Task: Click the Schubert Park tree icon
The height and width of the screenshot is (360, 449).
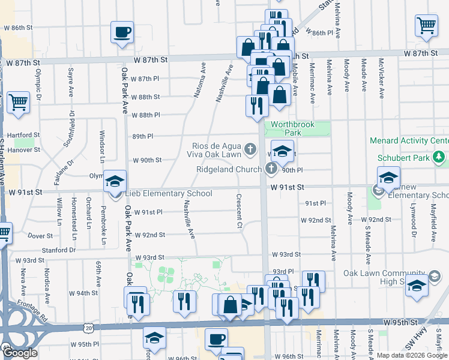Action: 440,157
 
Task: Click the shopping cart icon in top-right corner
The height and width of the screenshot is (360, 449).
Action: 426,26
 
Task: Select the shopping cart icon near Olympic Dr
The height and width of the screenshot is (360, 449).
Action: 17,104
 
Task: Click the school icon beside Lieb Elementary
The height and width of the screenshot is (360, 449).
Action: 115,182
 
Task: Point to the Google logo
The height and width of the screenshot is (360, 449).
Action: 20,353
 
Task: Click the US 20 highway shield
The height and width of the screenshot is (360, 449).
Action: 89,328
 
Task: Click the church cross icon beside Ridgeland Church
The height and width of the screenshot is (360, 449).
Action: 271,169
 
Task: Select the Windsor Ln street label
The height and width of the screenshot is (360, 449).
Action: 102,141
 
